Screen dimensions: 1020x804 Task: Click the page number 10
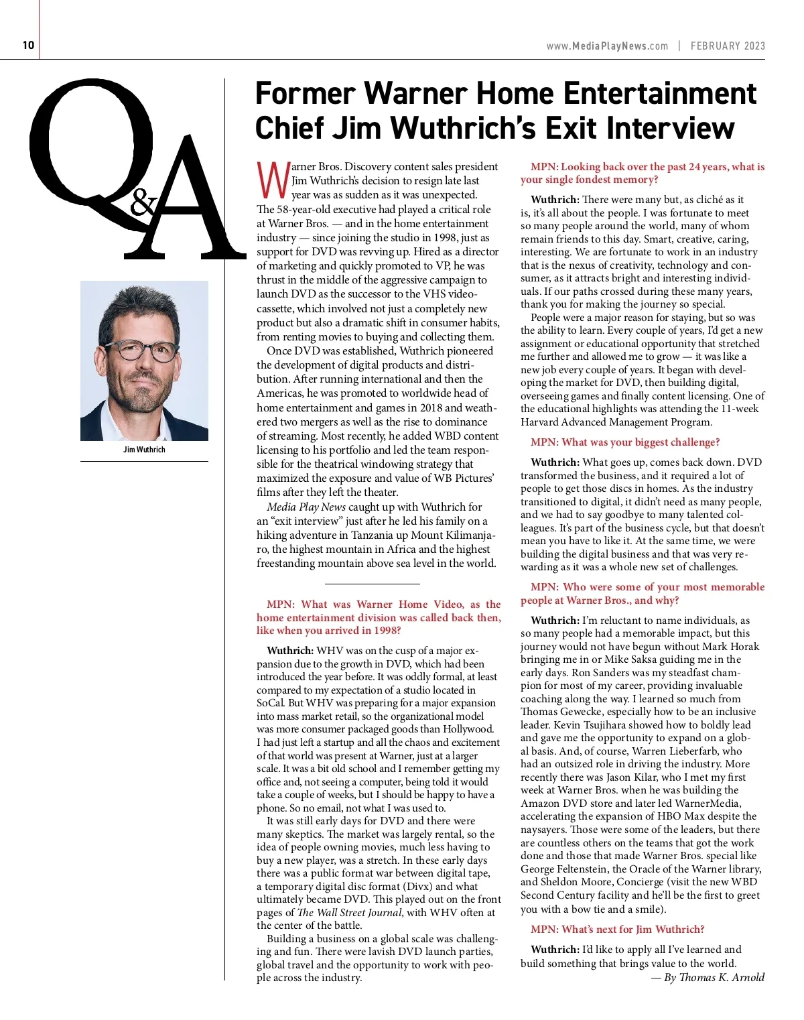(x=28, y=46)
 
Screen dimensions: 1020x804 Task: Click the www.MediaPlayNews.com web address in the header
(x=607, y=46)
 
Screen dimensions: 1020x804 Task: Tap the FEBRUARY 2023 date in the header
(x=728, y=46)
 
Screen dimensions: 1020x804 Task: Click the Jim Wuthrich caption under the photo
(x=144, y=450)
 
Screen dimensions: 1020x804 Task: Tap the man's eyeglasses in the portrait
(x=144, y=350)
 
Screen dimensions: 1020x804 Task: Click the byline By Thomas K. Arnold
(x=708, y=977)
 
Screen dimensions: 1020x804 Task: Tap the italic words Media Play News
(x=306, y=507)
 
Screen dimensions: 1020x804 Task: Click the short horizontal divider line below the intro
(x=372, y=584)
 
